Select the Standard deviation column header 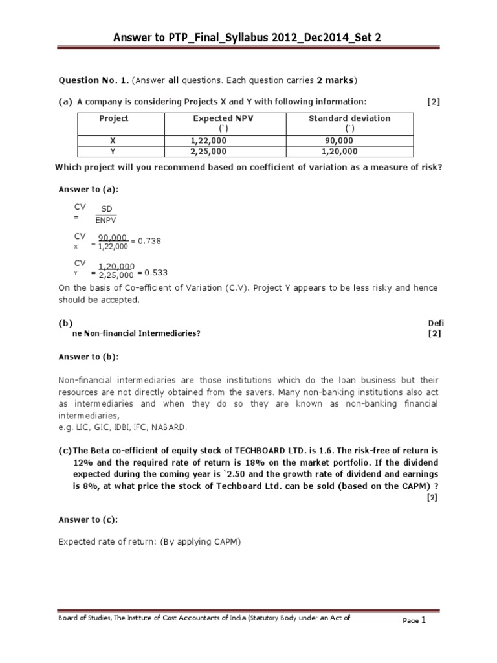point(349,118)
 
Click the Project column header point(114,118)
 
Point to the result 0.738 point(148,241)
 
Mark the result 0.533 point(155,273)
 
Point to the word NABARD point(169,427)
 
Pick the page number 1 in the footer point(423,620)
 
